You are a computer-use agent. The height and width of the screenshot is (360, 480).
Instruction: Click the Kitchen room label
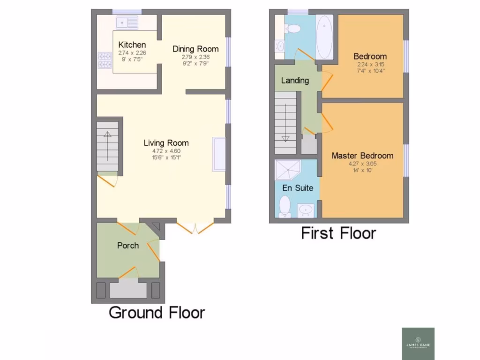pyautogui.click(x=132, y=45)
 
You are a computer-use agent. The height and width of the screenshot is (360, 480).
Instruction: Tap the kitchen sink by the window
pyautogui.click(x=127, y=22)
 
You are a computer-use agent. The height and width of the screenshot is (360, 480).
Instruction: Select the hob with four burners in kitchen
pyautogui.click(x=105, y=60)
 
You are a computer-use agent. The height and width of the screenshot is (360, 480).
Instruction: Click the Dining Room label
pyautogui.click(x=195, y=49)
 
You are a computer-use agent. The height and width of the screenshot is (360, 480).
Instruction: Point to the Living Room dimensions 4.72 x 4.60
pyautogui.click(x=166, y=151)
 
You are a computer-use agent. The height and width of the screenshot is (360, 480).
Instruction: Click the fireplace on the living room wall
pyautogui.click(x=218, y=154)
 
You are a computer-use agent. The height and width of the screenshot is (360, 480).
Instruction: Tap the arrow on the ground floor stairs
pyautogui.click(x=107, y=145)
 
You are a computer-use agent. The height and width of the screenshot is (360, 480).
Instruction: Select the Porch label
pyautogui.click(x=127, y=245)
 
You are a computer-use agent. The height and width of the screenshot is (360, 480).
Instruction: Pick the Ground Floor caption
pyautogui.click(x=157, y=312)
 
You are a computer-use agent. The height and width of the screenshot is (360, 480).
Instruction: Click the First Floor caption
pyautogui.click(x=338, y=233)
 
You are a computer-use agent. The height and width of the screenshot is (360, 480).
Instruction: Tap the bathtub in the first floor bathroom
pyautogui.click(x=324, y=36)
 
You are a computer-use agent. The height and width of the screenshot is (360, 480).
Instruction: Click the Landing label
pyautogui.click(x=295, y=80)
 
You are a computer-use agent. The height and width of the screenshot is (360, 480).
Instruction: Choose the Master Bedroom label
pyautogui.click(x=362, y=156)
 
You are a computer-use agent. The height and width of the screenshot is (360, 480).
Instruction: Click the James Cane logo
pyautogui.click(x=418, y=343)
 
